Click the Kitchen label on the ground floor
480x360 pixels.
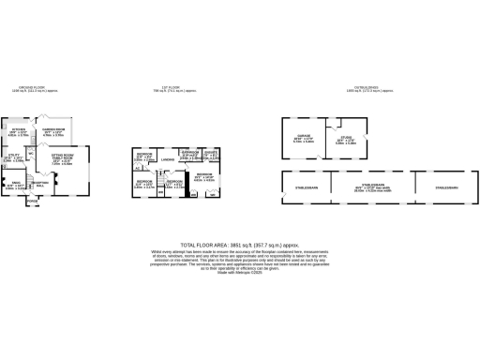(x=18, y=129)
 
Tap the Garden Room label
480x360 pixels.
(x=52, y=129)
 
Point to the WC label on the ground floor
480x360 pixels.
(x=32, y=153)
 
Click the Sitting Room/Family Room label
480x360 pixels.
(x=62, y=158)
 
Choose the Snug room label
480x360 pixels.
(x=16, y=183)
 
